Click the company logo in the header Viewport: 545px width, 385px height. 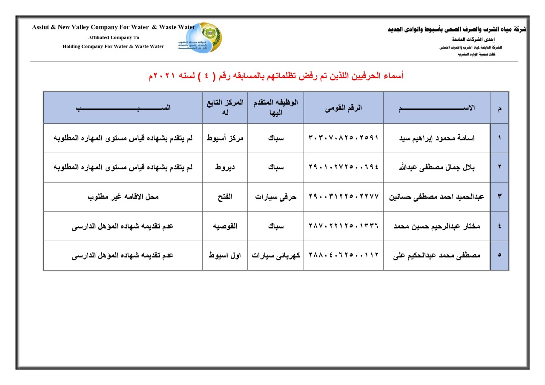201,37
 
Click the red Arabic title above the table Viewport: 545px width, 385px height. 275,76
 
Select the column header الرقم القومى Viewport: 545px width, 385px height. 343,108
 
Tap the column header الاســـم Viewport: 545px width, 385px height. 436,108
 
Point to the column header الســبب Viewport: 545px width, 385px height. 123,108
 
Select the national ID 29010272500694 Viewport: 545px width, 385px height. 343,167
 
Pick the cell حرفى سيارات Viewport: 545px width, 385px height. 275,197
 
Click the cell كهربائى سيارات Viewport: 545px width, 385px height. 275,255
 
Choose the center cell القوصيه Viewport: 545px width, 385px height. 225,226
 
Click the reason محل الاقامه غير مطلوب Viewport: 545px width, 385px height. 123,197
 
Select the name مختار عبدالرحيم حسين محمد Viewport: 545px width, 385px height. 436,226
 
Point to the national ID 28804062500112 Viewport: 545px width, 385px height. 343,255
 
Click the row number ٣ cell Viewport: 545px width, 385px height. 499,197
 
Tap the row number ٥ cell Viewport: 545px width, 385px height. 499,255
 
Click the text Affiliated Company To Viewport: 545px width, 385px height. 114,37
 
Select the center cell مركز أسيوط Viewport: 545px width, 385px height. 225,138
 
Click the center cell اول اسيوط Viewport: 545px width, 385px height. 225,255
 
